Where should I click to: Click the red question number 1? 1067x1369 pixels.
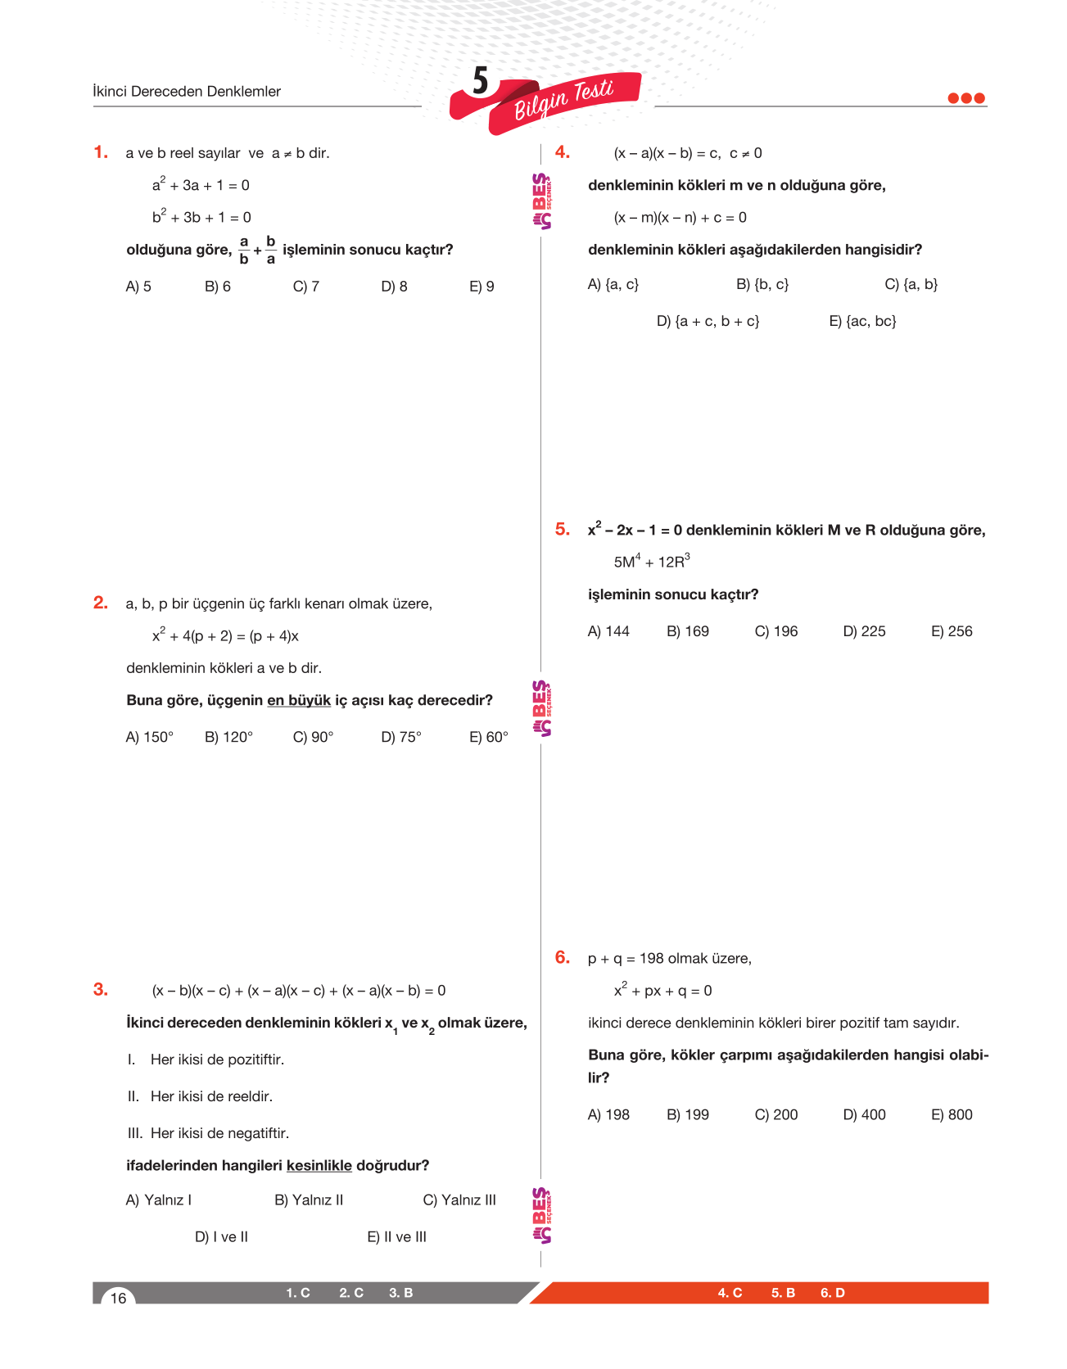click(x=100, y=152)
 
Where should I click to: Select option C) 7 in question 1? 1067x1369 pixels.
click(x=305, y=287)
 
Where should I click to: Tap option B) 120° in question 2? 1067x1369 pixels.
click(x=228, y=737)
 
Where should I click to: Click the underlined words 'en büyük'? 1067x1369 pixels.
click(x=299, y=700)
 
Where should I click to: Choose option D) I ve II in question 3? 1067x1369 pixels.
click(x=221, y=1236)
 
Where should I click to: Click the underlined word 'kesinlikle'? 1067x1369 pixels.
click(x=319, y=1165)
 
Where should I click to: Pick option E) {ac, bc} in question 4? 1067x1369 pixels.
click(x=862, y=321)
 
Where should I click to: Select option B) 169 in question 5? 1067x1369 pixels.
click(x=688, y=631)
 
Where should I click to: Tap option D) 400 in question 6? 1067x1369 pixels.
click(x=864, y=1114)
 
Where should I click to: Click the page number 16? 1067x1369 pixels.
click(x=119, y=1298)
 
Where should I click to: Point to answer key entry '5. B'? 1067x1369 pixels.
click(x=783, y=1293)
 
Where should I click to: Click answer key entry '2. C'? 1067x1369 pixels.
click(x=351, y=1293)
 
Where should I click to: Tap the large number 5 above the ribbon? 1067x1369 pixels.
click(x=481, y=81)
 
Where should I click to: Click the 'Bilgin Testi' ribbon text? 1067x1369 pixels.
click(x=564, y=99)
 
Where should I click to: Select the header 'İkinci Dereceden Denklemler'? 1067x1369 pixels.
click(x=187, y=92)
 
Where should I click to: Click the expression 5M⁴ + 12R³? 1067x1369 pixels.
click(x=652, y=562)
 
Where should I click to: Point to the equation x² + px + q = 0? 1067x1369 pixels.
click(x=662, y=991)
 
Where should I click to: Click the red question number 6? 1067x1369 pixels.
click(x=562, y=958)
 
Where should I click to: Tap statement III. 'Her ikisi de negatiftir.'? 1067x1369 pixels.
click(x=209, y=1133)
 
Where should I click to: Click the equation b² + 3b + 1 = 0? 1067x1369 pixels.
click(x=201, y=217)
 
